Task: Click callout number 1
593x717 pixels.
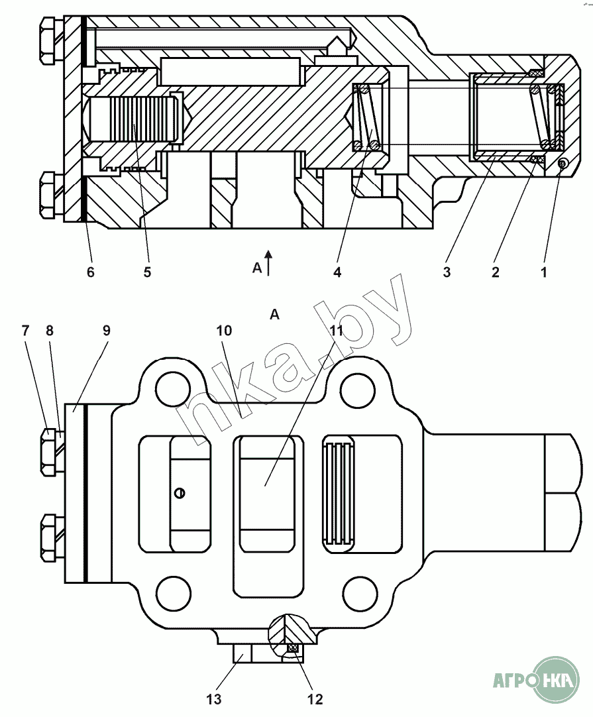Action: click(x=544, y=272)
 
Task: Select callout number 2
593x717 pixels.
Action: click(x=495, y=272)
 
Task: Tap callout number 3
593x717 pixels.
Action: click(x=447, y=272)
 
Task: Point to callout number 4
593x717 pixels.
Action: click(x=337, y=272)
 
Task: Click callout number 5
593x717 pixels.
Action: click(x=147, y=272)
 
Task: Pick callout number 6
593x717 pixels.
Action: click(x=91, y=272)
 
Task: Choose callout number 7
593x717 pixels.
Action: click(x=26, y=331)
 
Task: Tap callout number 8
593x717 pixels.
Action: click(x=49, y=331)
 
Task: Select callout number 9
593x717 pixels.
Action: click(x=106, y=331)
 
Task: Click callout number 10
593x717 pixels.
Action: click(x=223, y=331)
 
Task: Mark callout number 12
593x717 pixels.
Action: click(x=315, y=699)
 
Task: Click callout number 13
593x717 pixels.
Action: click(x=214, y=699)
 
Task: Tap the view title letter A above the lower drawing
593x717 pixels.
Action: click(x=274, y=315)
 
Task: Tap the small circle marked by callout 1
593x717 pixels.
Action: click(x=562, y=164)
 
